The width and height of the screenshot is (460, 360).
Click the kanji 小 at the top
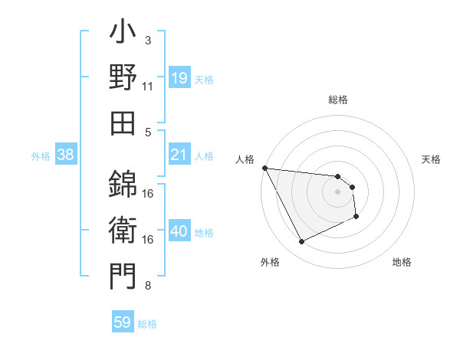(x=123, y=34)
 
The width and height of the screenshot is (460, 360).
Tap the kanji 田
(x=123, y=122)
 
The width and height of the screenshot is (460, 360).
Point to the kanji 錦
(x=123, y=184)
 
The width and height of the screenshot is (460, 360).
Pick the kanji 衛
(x=123, y=231)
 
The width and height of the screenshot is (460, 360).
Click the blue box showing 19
(x=179, y=79)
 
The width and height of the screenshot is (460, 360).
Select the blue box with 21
(x=179, y=155)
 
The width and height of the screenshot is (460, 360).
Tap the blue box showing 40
(x=179, y=232)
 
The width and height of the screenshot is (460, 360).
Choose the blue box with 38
(x=66, y=155)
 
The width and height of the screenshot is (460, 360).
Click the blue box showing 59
(x=123, y=323)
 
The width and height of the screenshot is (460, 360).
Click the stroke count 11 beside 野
(x=148, y=86)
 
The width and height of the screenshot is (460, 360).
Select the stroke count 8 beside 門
(x=148, y=286)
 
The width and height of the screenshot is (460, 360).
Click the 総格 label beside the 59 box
(x=147, y=324)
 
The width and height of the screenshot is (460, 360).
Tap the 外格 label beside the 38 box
(x=41, y=156)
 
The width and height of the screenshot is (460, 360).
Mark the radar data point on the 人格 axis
(x=265, y=168)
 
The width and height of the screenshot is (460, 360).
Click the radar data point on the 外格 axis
(x=301, y=242)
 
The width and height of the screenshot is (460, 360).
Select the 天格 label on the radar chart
(x=432, y=159)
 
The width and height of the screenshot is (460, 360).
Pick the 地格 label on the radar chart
(x=402, y=262)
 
